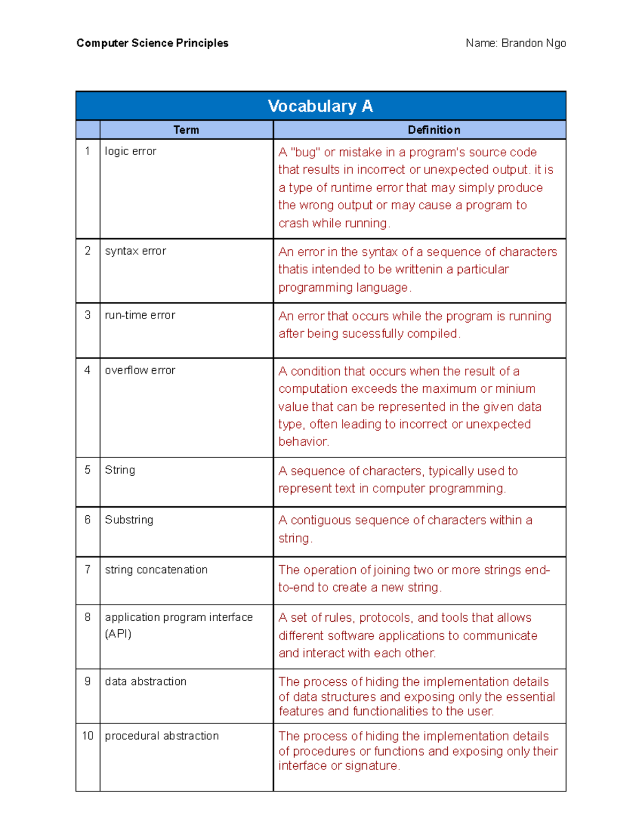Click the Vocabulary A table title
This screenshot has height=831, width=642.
pos(320,106)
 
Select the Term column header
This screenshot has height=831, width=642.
pos(186,130)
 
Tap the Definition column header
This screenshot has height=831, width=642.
pos(433,130)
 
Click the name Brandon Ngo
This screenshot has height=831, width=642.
pos(533,43)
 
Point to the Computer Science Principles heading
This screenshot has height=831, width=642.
pos(152,43)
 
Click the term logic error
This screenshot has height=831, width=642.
pos(130,151)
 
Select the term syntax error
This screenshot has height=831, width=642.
pos(135,251)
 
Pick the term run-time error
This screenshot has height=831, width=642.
pos(140,315)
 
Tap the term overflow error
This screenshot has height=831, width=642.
pos(140,370)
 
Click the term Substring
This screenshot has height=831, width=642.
pos(129,520)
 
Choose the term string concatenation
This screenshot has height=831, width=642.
pos(156,570)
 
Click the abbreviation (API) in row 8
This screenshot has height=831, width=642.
pos(118,634)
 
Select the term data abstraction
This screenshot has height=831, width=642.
pos(146,682)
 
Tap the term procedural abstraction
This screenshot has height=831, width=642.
pos(162,736)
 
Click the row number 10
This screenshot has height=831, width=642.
pos(88,736)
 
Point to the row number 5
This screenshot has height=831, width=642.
pos(88,470)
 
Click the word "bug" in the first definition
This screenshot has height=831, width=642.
pos(305,153)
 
